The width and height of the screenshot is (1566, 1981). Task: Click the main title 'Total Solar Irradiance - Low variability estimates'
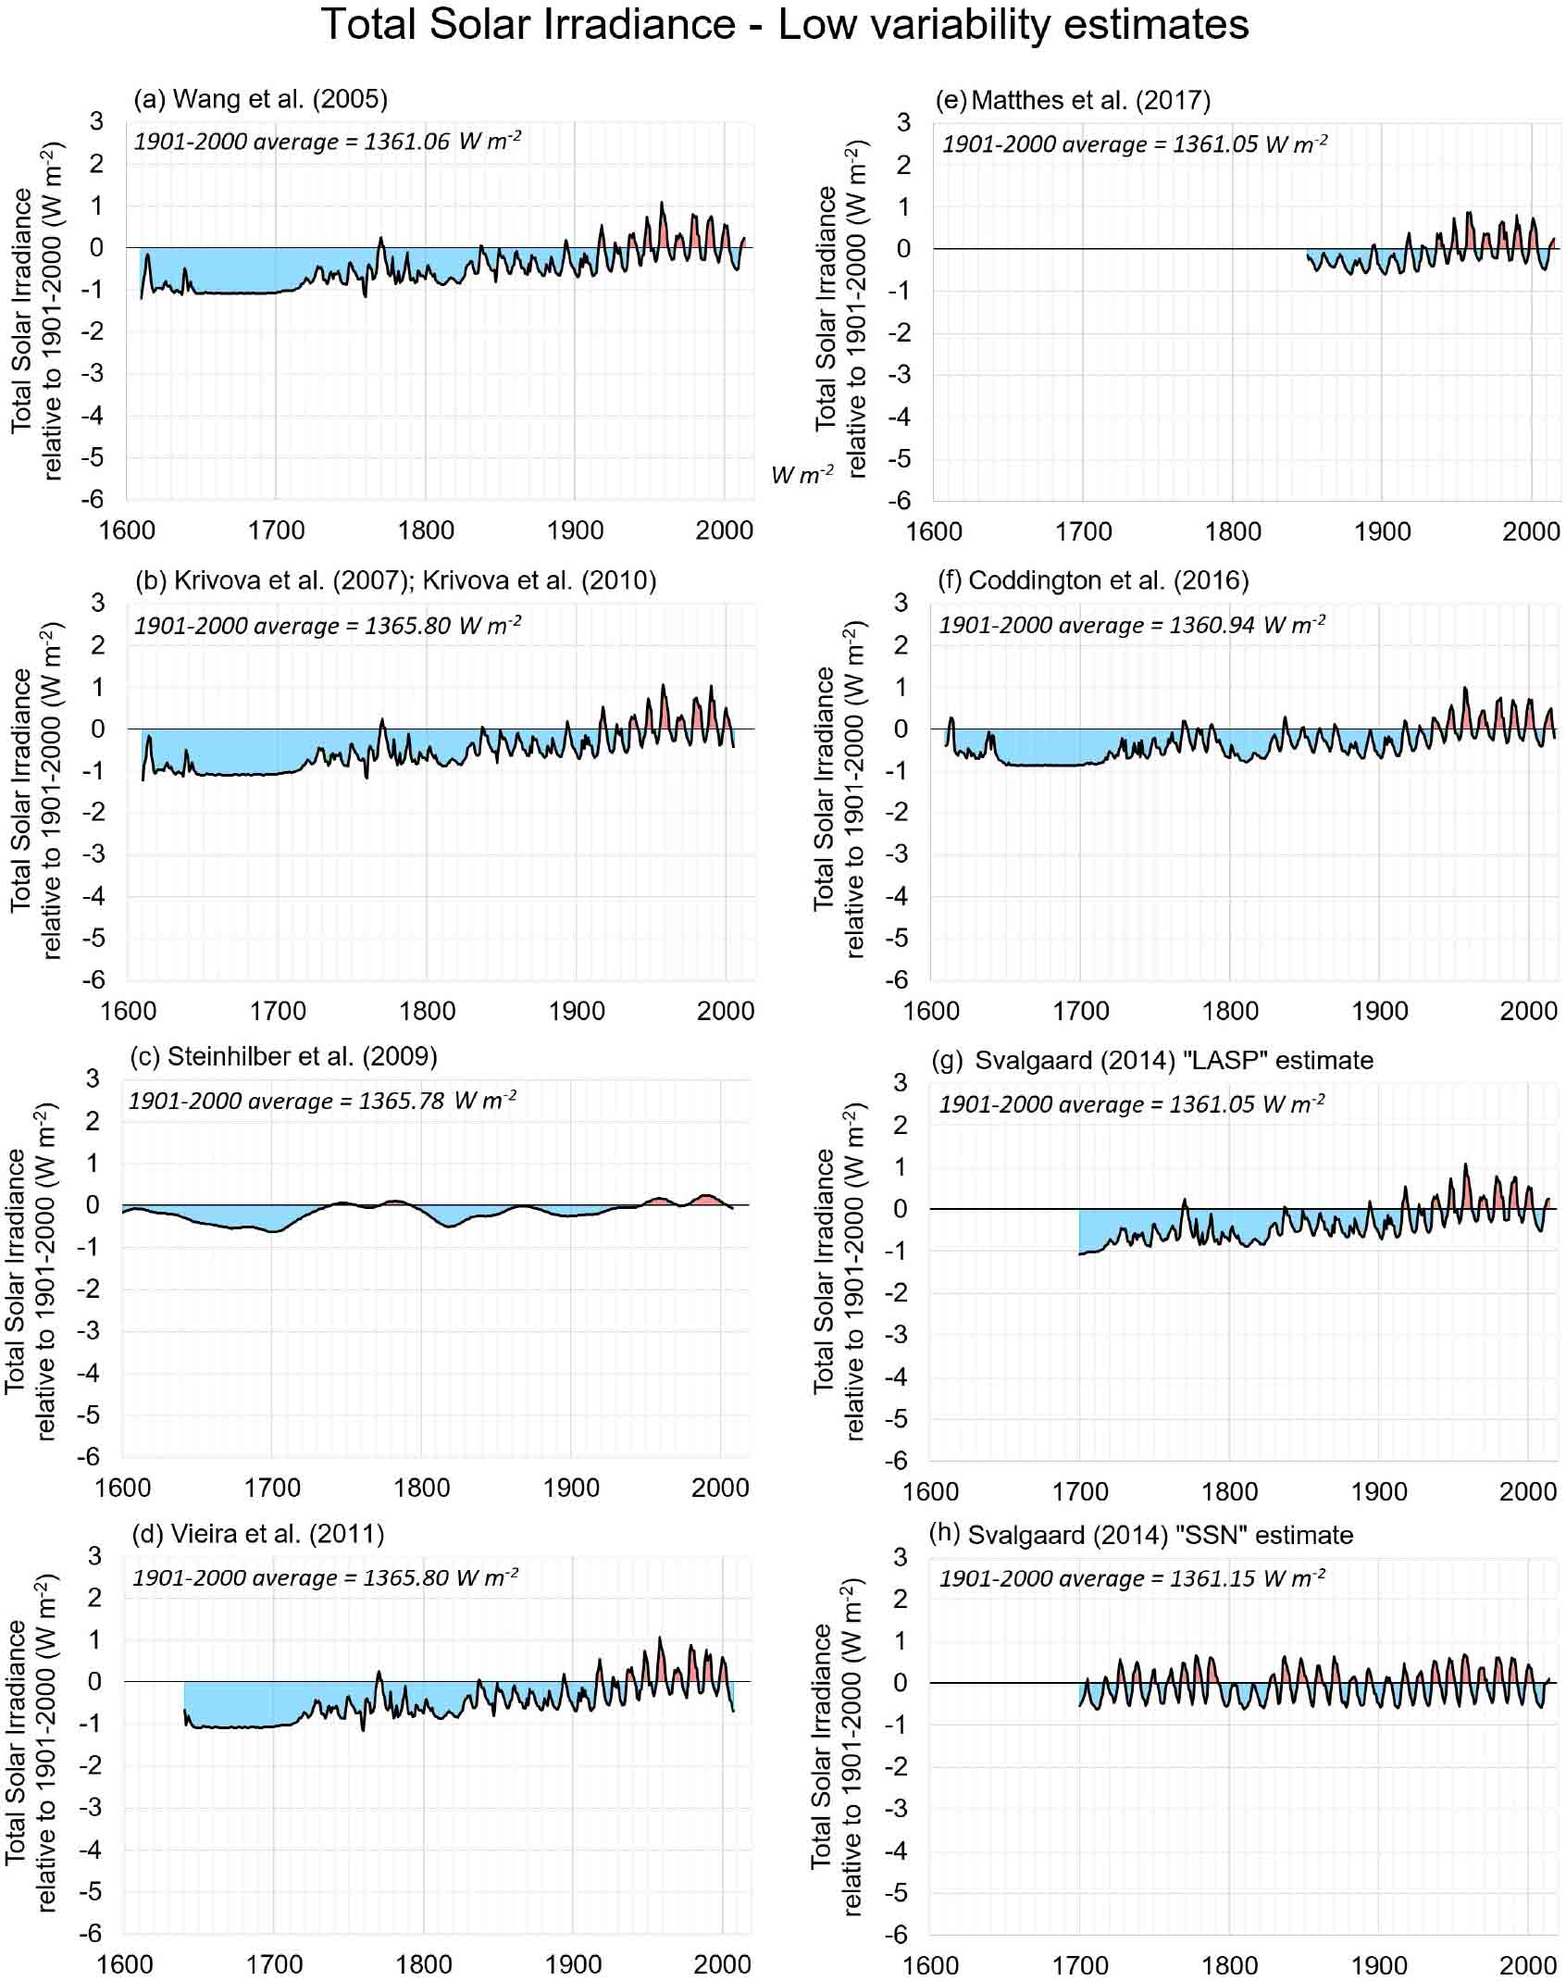785,26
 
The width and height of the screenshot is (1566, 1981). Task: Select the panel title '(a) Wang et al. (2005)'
260,98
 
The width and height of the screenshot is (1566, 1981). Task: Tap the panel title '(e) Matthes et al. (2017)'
1073,99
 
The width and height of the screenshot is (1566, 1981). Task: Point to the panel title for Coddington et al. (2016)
1093,580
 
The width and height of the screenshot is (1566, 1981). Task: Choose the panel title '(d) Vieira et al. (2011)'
258,1534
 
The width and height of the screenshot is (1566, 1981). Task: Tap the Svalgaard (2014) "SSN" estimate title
1141,1535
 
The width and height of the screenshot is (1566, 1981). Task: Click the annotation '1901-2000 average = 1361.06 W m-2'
328,142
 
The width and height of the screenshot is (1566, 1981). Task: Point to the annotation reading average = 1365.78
322,1101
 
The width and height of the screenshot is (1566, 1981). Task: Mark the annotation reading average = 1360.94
1132,625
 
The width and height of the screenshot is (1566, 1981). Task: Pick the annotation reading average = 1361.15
1132,1577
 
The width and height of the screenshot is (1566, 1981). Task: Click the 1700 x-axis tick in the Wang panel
277,530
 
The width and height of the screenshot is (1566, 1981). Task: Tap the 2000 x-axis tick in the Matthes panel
1531,531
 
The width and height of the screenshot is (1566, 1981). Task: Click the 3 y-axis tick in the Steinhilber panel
92,1078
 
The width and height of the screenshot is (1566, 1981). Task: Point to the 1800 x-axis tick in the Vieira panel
425,1962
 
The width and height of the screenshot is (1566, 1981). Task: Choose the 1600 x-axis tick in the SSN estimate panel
931,1963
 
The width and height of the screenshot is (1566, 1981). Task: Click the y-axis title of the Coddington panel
839,789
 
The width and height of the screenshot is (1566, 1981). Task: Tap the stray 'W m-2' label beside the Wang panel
802,475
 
